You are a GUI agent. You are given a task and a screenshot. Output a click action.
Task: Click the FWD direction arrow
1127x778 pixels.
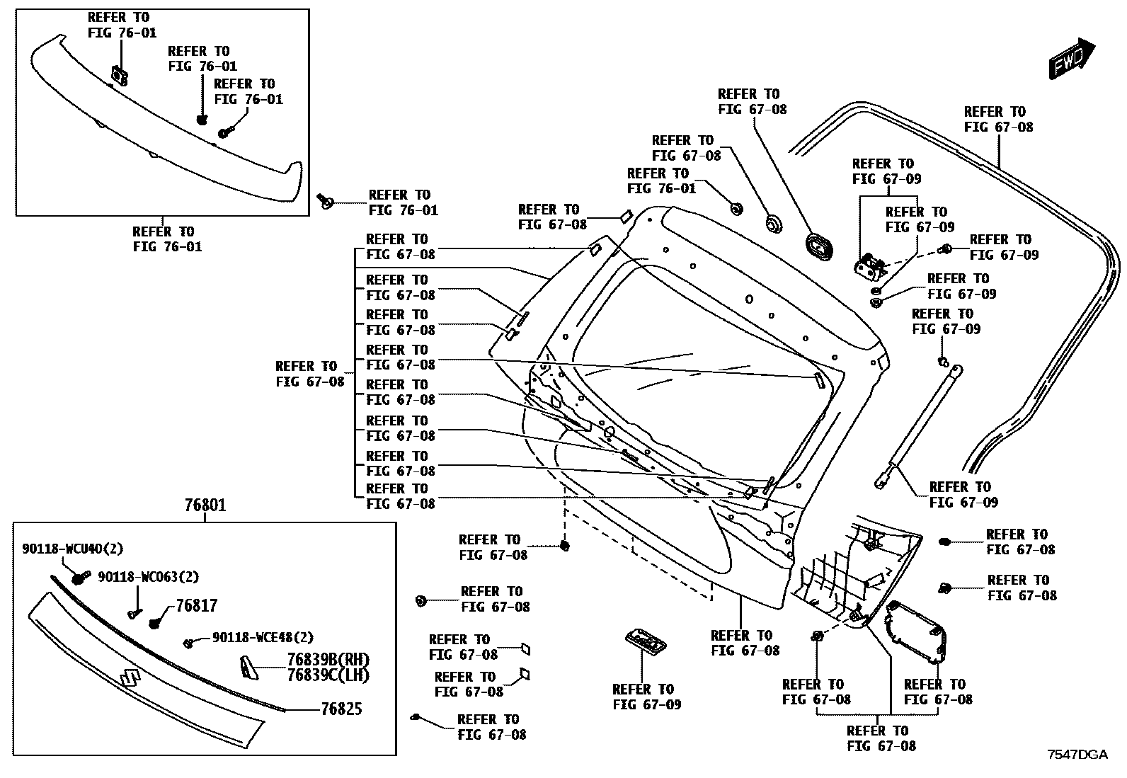pos(1071,57)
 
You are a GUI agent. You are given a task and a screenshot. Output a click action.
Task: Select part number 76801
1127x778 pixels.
pos(205,505)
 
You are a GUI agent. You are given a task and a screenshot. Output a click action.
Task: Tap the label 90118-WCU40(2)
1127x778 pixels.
pos(73,548)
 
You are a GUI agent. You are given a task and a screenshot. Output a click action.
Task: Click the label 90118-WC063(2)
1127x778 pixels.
pos(148,577)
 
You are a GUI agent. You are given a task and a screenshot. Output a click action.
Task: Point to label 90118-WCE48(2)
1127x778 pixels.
pos(263,638)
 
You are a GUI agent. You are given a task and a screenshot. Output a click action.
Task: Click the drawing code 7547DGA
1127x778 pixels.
pos(1077,755)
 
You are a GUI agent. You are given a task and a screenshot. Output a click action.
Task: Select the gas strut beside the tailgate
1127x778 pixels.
pos(917,425)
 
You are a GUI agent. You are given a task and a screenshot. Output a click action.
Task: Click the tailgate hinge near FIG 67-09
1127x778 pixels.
pos(869,268)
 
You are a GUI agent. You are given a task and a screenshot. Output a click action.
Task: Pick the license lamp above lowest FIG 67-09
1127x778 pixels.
pos(645,641)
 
